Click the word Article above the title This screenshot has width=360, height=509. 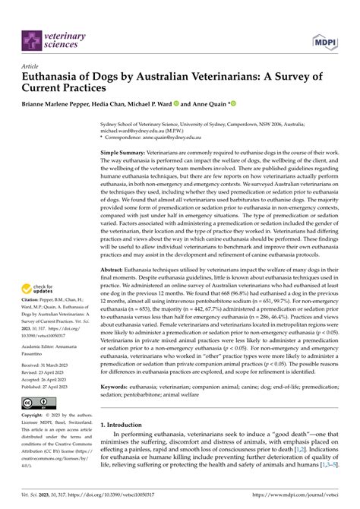coord(31,67)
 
